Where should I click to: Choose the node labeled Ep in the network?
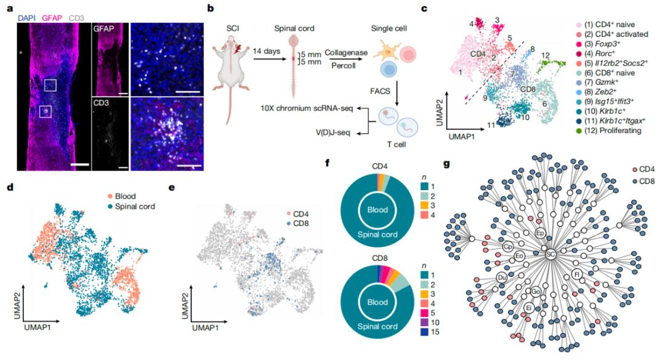540,233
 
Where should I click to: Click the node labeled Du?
501,278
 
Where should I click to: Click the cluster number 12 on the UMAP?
545,55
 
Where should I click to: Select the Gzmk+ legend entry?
599,81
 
